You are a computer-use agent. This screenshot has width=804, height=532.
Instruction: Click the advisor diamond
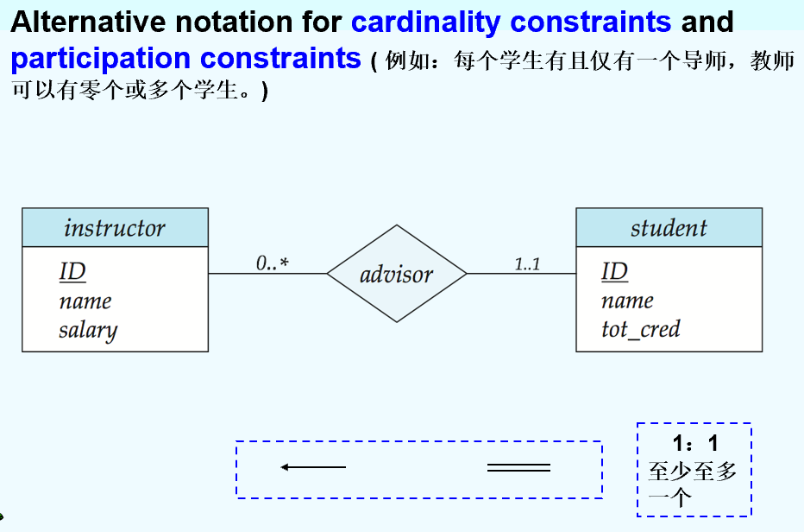[x=397, y=274]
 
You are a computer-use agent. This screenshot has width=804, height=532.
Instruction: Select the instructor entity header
[x=115, y=227]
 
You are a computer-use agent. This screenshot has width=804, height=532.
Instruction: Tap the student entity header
[x=669, y=227]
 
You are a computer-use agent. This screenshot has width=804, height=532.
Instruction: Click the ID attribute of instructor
[x=72, y=271]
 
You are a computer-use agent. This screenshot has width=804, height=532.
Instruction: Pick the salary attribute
[x=88, y=330]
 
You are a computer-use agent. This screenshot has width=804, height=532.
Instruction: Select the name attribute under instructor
[x=85, y=301]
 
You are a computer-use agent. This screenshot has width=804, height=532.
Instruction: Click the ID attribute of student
[x=615, y=271]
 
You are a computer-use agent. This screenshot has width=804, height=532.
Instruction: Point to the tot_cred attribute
[x=641, y=330]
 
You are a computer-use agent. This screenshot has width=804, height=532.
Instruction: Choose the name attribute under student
[x=628, y=301]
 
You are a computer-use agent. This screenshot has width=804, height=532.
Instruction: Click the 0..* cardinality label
[x=273, y=263]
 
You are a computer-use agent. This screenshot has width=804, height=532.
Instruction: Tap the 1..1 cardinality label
[x=528, y=264]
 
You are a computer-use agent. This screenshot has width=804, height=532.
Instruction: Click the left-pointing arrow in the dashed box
[x=313, y=466]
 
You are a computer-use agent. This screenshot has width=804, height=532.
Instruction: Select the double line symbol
[x=518, y=467]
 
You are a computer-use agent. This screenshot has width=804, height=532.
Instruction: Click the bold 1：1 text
[x=695, y=443]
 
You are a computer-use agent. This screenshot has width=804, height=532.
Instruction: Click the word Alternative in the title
[x=88, y=22]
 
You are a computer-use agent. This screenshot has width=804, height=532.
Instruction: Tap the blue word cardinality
[x=425, y=22]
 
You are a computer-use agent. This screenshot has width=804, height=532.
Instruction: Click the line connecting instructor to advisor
[x=267, y=273]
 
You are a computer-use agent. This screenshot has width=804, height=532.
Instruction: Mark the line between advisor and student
[x=521, y=273]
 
